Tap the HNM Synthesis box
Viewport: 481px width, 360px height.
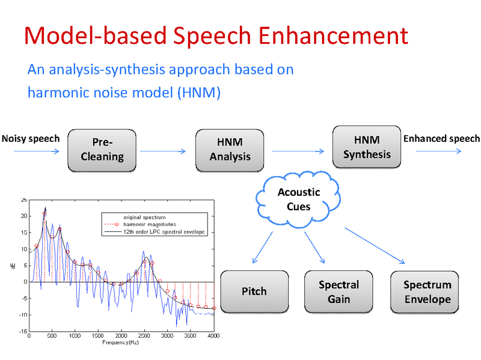click(367, 147)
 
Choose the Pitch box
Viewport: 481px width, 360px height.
click(254, 291)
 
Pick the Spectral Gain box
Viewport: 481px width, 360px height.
click(339, 291)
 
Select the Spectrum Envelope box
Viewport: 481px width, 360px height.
click(426, 292)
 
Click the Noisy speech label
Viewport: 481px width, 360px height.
click(31, 139)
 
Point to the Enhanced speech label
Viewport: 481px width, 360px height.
click(441, 139)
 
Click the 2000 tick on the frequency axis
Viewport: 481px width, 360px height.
click(121, 336)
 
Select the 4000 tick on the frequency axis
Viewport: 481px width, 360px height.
click(213, 336)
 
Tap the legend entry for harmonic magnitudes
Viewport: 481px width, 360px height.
click(150, 224)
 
